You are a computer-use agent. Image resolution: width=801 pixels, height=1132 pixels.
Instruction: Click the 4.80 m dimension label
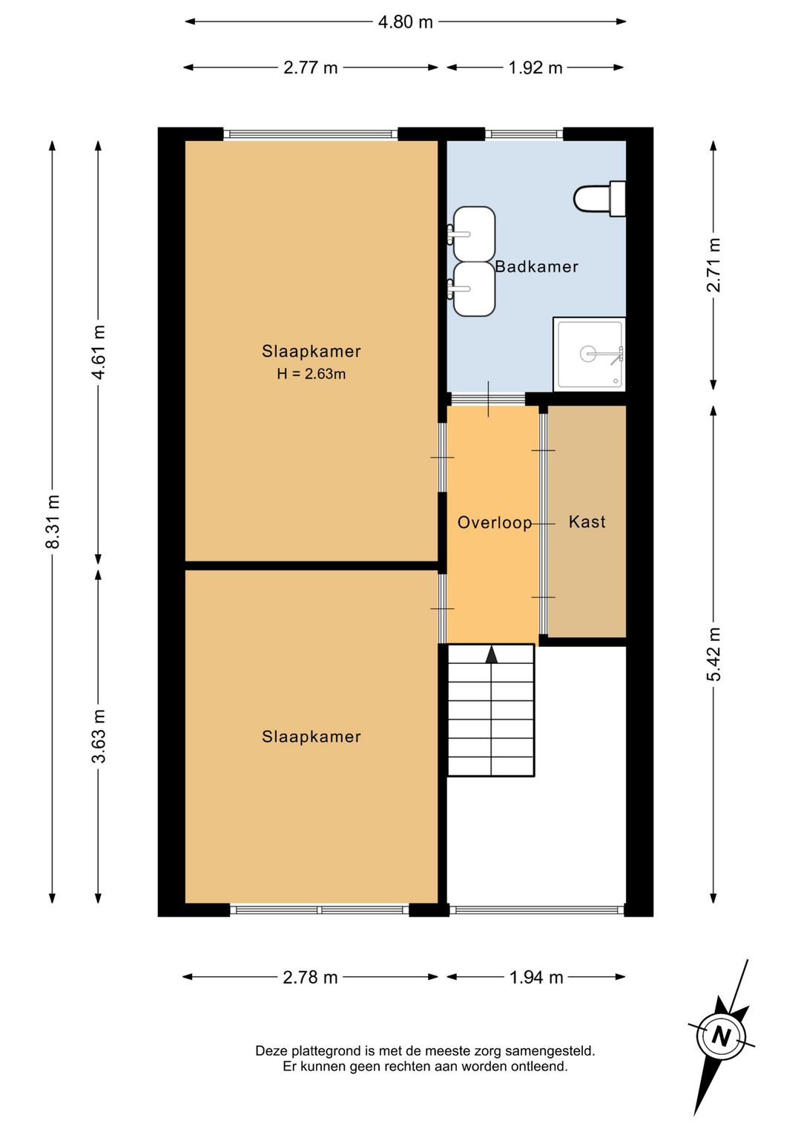click(405, 22)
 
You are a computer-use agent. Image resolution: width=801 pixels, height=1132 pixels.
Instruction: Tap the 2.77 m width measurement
click(310, 68)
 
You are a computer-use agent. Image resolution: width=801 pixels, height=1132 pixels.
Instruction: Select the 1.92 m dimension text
click(535, 68)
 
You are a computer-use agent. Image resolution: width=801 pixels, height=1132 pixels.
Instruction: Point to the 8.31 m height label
click(53, 521)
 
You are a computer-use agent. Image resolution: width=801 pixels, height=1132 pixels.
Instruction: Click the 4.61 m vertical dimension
click(99, 352)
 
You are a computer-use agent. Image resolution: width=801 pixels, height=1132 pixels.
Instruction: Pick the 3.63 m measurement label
click(99, 736)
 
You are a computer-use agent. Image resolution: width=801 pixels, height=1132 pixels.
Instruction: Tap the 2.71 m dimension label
click(713, 265)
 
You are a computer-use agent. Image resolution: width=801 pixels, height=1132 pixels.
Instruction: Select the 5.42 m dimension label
click(713, 654)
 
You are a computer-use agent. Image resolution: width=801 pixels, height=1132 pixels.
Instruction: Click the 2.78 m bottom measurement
click(310, 978)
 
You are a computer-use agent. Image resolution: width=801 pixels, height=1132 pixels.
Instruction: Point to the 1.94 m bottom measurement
click(535, 978)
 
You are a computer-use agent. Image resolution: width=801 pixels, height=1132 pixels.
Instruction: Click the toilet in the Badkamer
click(600, 198)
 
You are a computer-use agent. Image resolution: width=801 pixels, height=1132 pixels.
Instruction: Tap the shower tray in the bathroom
click(589, 354)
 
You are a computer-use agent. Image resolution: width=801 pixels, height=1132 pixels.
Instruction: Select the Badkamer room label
click(536, 266)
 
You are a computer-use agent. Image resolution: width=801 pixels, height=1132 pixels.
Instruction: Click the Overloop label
click(494, 522)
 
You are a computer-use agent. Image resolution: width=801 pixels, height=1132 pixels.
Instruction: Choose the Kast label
click(587, 521)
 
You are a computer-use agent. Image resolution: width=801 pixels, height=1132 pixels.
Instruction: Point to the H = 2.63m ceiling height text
click(311, 374)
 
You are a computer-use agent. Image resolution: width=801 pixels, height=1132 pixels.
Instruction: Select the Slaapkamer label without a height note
click(311, 737)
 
